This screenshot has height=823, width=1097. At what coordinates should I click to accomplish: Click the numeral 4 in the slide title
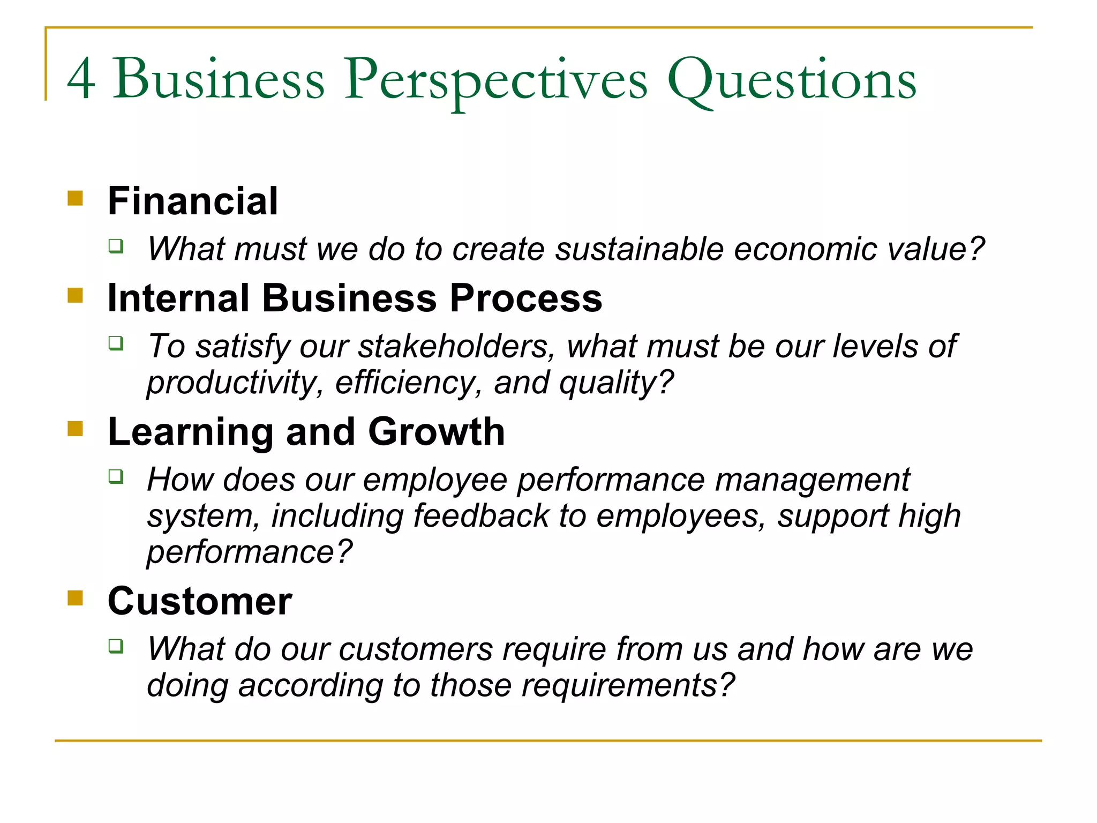coord(81,79)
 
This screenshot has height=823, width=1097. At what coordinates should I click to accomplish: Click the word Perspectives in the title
coord(495,80)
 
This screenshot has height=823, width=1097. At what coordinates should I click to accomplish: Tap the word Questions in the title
coord(791,80)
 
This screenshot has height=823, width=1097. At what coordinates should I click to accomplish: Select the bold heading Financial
coord(193,201)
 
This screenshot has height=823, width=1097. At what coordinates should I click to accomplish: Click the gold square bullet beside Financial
coord(76,198)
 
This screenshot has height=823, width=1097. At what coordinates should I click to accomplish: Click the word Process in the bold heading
coord(526,298)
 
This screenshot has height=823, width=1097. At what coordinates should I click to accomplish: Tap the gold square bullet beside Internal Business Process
coord(76,295)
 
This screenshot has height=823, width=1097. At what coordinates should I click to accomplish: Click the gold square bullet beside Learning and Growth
coord(76,429)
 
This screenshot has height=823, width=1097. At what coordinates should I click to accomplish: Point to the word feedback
coord(480,516)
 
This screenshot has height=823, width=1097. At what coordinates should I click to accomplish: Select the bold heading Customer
coord(200,601)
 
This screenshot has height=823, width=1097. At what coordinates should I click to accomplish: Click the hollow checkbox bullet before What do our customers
coord(116,646)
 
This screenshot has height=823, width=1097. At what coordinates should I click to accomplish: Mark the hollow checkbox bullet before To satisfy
coord(116,343)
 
